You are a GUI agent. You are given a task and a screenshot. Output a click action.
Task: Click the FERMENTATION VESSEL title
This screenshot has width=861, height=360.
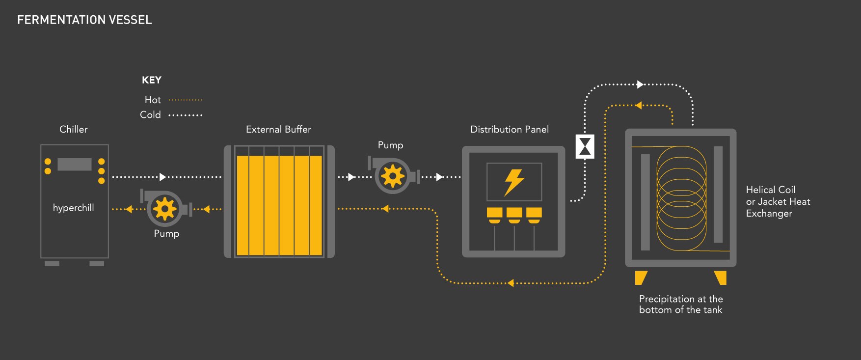click(84, 20)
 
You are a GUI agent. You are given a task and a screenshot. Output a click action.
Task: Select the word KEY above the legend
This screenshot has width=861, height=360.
click(152, 80)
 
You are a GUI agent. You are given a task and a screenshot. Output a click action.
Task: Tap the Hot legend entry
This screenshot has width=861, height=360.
click(153, 100)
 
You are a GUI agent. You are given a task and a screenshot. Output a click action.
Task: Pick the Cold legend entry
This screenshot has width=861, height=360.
click(150, 114)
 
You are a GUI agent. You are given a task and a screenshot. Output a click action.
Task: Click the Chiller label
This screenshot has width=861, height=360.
click(74, 129)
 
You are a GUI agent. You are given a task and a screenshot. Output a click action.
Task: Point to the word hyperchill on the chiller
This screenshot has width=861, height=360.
click(74, 208)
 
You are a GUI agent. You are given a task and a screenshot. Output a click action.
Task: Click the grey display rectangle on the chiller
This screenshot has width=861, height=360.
click(75, 164)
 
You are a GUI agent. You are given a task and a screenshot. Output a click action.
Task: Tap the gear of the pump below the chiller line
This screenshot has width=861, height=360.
click(164, 209)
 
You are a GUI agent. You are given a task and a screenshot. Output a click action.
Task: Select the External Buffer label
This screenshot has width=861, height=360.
click(278, 129)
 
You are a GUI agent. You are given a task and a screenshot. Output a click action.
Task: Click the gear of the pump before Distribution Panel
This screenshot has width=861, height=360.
click(393, 176)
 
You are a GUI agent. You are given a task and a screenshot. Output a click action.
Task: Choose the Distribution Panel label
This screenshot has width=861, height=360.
click(510, 129)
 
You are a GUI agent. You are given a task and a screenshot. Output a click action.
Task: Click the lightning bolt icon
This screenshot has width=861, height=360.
click(514, 182)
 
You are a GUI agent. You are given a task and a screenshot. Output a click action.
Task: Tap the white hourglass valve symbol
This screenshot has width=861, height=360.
click(585, 146)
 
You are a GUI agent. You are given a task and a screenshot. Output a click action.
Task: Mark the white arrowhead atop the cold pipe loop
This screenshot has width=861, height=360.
click(640, 84)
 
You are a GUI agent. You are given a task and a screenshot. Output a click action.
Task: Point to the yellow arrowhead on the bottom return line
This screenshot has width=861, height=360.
click(511, 283)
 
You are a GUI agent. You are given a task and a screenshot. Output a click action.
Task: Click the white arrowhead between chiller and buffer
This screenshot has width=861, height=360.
click(163, 177)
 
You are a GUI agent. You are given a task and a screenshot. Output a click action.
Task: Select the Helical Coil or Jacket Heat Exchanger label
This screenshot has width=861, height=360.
click(778, 201)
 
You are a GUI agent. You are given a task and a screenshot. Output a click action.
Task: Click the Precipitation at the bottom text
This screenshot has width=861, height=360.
click(680, 304)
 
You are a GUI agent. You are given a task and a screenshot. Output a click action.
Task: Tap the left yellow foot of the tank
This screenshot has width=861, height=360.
click(641, 277)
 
